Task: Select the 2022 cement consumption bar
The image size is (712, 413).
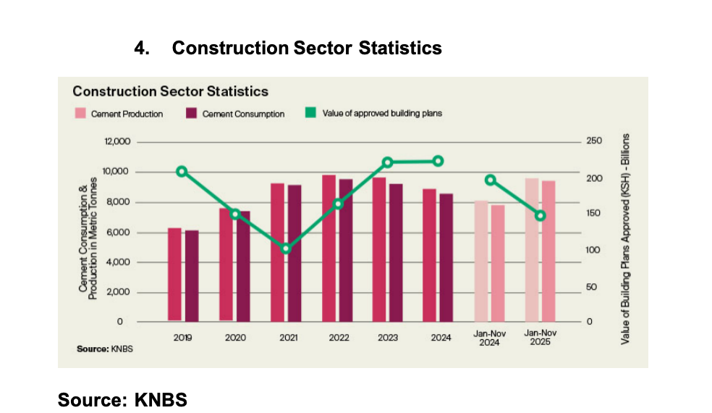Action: pos(346,250)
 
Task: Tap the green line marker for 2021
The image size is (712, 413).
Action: pos(286,249)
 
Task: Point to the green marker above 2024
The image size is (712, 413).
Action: pos(438,161)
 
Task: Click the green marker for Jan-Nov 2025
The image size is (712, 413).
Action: pos(541,215)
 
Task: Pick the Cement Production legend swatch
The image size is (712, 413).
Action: pos(80,113)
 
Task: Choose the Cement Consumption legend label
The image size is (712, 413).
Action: pos(243,114)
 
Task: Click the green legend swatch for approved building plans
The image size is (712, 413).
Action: pos(310,113)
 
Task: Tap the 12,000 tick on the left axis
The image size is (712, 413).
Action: pos(116,141)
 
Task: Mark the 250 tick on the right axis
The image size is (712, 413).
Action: pos(594,141)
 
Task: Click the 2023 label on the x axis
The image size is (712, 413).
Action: pos(387,338)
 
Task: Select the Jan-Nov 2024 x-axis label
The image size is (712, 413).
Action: pos(490,338)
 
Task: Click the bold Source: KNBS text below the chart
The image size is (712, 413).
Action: pos(122,399)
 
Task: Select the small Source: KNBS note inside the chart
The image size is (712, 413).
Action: pos(105,349)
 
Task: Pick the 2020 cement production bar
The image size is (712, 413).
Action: pos(226,264)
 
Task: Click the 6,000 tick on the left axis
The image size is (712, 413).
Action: pos(117,232)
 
